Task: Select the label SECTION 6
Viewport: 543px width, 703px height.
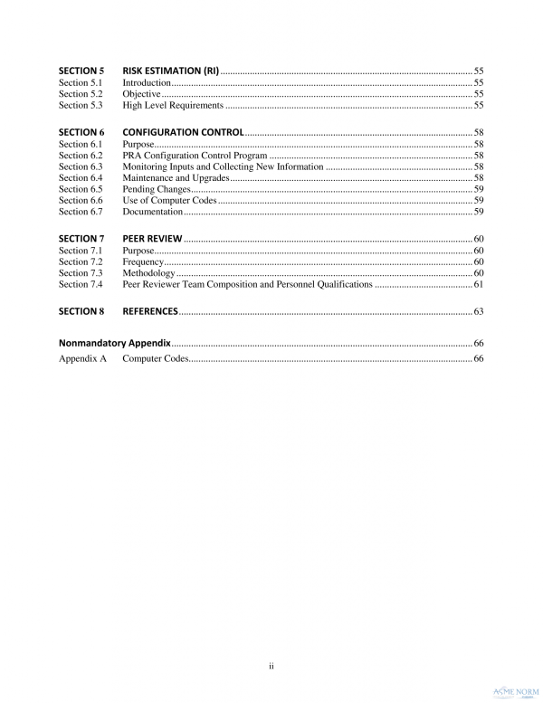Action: click(81, 132)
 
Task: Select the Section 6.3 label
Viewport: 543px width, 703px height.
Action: click(81, 167)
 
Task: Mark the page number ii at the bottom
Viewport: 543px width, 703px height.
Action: click(271, 666)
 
